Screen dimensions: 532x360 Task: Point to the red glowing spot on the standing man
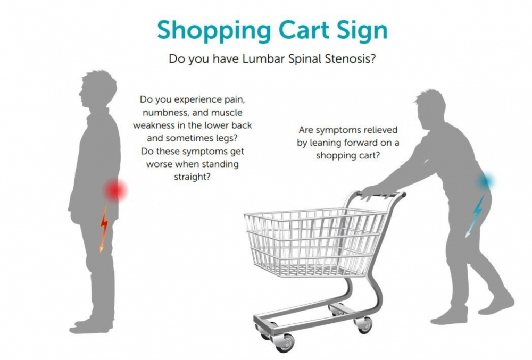point(115,190)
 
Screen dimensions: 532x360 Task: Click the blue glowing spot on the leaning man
point(486,181)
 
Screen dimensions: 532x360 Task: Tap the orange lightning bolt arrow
point(104,228)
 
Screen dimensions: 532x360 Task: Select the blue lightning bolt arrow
point(475,216)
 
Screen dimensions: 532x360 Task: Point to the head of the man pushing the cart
point(430,108)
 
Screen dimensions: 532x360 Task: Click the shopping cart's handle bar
point(381,195)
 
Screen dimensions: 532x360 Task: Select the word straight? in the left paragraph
point(192,177)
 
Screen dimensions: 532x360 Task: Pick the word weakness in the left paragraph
point(154,125)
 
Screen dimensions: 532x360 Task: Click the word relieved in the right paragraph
point(381,130)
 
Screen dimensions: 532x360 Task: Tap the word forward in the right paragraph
point(360,143)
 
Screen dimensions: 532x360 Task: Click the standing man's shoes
point(91,326)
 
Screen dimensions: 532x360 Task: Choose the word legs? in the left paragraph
point(226,139)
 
